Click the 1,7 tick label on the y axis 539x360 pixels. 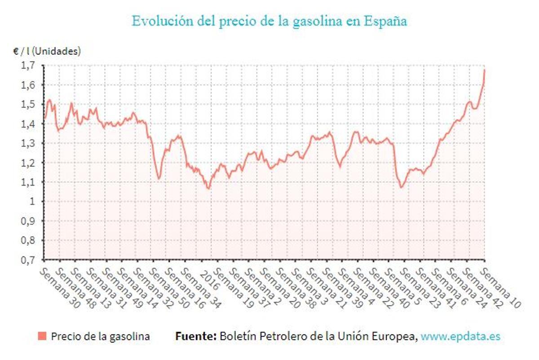point(28,66)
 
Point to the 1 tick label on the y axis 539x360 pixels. point(32,202)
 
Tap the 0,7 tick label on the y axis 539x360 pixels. point(28,260)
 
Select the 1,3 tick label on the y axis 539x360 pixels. point(28,143)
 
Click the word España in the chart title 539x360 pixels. point(385,21)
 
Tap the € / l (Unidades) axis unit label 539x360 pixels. point(47,51)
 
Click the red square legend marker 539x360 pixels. point(43,336)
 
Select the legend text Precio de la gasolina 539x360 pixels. point(101,336)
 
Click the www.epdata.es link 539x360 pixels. point(460,336)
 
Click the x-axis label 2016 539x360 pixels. point(209,280)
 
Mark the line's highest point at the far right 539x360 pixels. point(485,70)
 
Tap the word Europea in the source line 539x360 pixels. point(398,336)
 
